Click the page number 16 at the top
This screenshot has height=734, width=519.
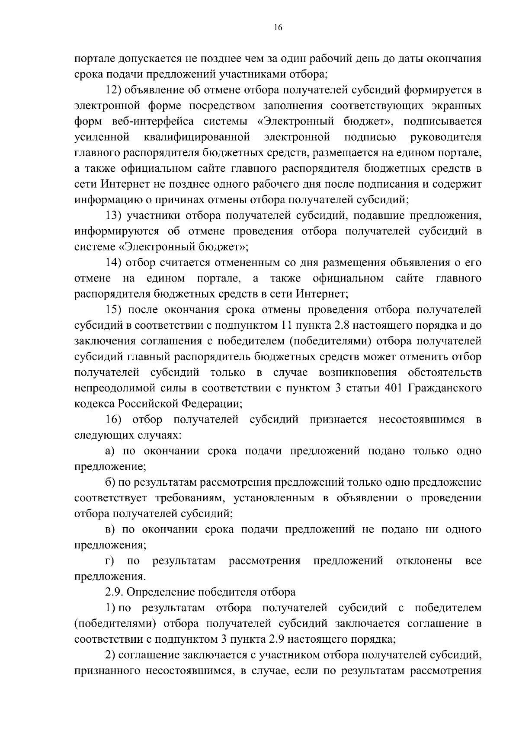[x=278, y=28]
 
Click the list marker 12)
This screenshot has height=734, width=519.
[x=115, y=90]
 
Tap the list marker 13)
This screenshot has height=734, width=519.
[x=115, y=215]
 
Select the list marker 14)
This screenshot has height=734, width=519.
[x=115, y=263]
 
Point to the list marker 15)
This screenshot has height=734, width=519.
[x=115, y=310]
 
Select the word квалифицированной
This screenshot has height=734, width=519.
[x=197, y=137]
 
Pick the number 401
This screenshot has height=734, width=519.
[x=393, y=388]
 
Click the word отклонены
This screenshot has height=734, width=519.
[x=424, y=561]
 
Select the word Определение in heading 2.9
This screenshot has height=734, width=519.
[x=160, y=592]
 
